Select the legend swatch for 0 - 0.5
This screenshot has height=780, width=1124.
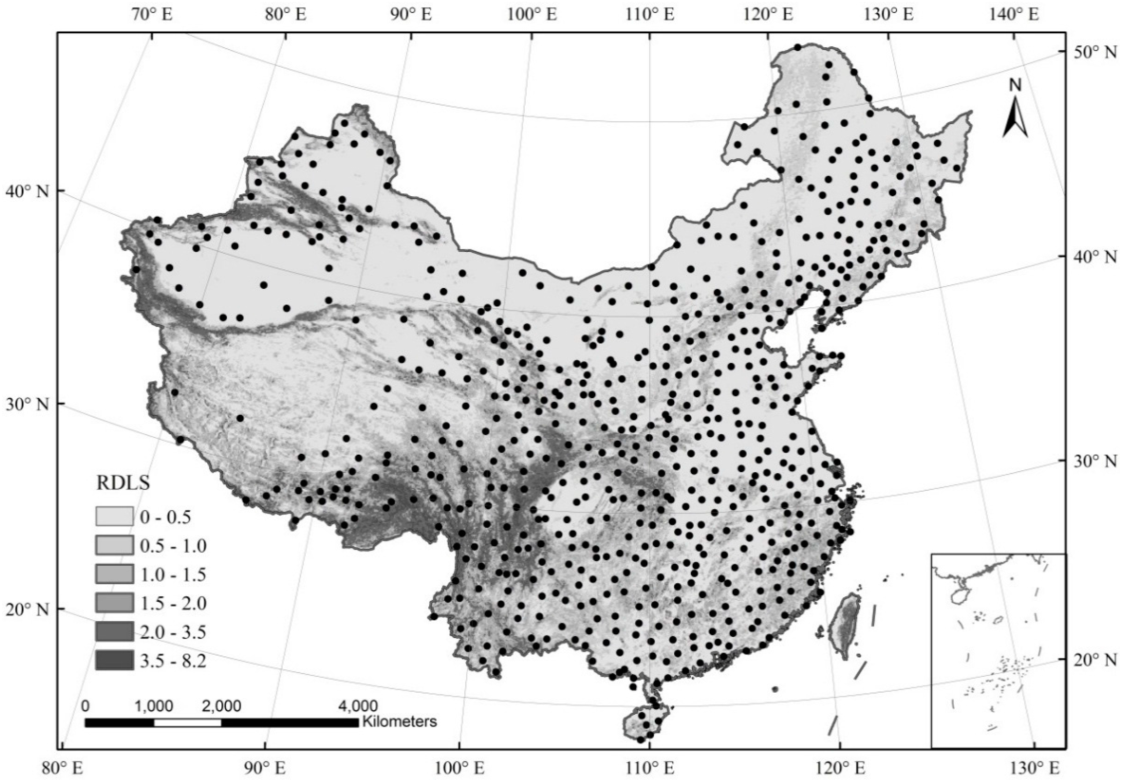point(114,516)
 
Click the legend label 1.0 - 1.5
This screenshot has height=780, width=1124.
point(173,574)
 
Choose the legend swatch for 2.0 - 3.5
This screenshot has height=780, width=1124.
point(114,631)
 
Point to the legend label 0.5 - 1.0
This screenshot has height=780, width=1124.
point(173,545)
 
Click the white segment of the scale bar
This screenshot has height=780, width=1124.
point(187,722)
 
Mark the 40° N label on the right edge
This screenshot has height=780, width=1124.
point(1094,256)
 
